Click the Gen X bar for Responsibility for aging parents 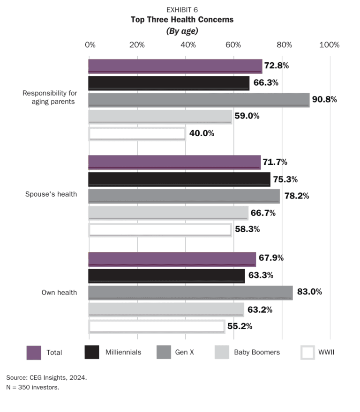[x=199, y=100]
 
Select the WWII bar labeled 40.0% [x=137, y=133]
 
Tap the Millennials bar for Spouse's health [x=179, y=179]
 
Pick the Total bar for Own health [x=172, y=259]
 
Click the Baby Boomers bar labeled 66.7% [x=168, y=213]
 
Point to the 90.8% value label [x=325, y=100]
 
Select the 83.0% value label [x=309, y=292]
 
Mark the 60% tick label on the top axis [x=233, y=45]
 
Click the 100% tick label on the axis [x=329, y=45]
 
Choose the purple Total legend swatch [x=34, y=353]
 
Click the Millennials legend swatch [x=91, y=353]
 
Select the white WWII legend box [x=307, y=353]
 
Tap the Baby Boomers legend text [x=257, y=353]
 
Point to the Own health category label [x=59, y=293]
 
